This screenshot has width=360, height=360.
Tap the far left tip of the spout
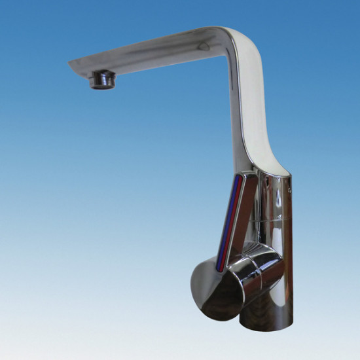(70, 63)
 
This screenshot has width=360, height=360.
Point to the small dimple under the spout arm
(203, 47)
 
